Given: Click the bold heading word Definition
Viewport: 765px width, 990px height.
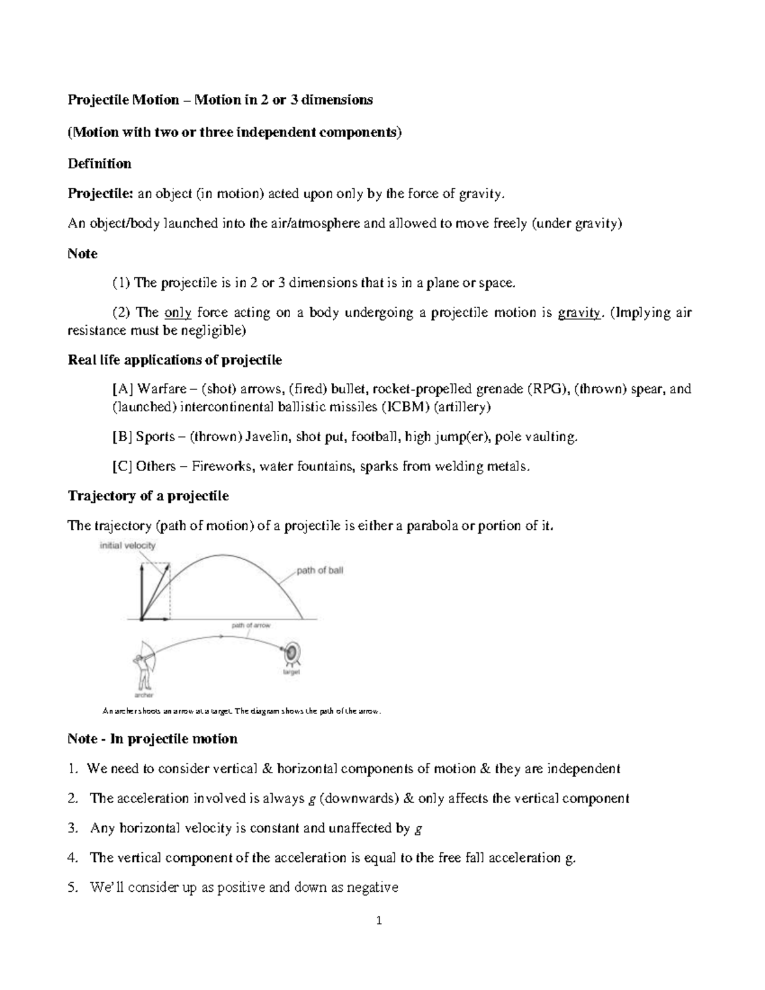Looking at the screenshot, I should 99,164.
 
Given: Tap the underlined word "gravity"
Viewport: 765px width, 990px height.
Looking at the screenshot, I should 579,313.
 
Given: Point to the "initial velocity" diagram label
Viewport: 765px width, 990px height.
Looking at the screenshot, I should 127,546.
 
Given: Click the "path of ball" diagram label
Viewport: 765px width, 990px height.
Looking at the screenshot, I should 319,571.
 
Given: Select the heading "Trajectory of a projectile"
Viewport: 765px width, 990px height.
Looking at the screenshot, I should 148,496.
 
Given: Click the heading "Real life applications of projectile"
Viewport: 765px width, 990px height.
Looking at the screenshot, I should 175,360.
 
